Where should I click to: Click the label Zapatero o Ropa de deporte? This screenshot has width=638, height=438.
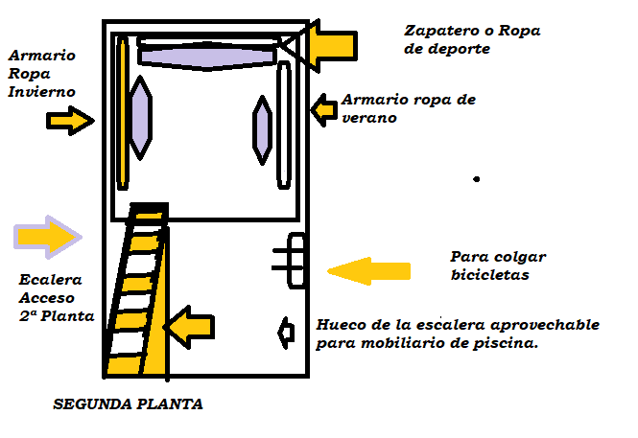coord(472,39)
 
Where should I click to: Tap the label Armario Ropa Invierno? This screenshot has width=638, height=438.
coord(41,72)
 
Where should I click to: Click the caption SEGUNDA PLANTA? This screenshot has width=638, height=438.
coord(128,404)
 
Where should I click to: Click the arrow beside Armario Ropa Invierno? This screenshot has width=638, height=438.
coord(71,121)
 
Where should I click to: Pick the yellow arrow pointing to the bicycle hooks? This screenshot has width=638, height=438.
coord(369,271)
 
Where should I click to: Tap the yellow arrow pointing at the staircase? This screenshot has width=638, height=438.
coord(188,327)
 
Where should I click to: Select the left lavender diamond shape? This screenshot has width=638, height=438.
coord(140,117)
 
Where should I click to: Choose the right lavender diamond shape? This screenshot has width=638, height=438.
coord(261,129)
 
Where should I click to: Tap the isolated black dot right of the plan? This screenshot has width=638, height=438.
coord(476,179)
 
